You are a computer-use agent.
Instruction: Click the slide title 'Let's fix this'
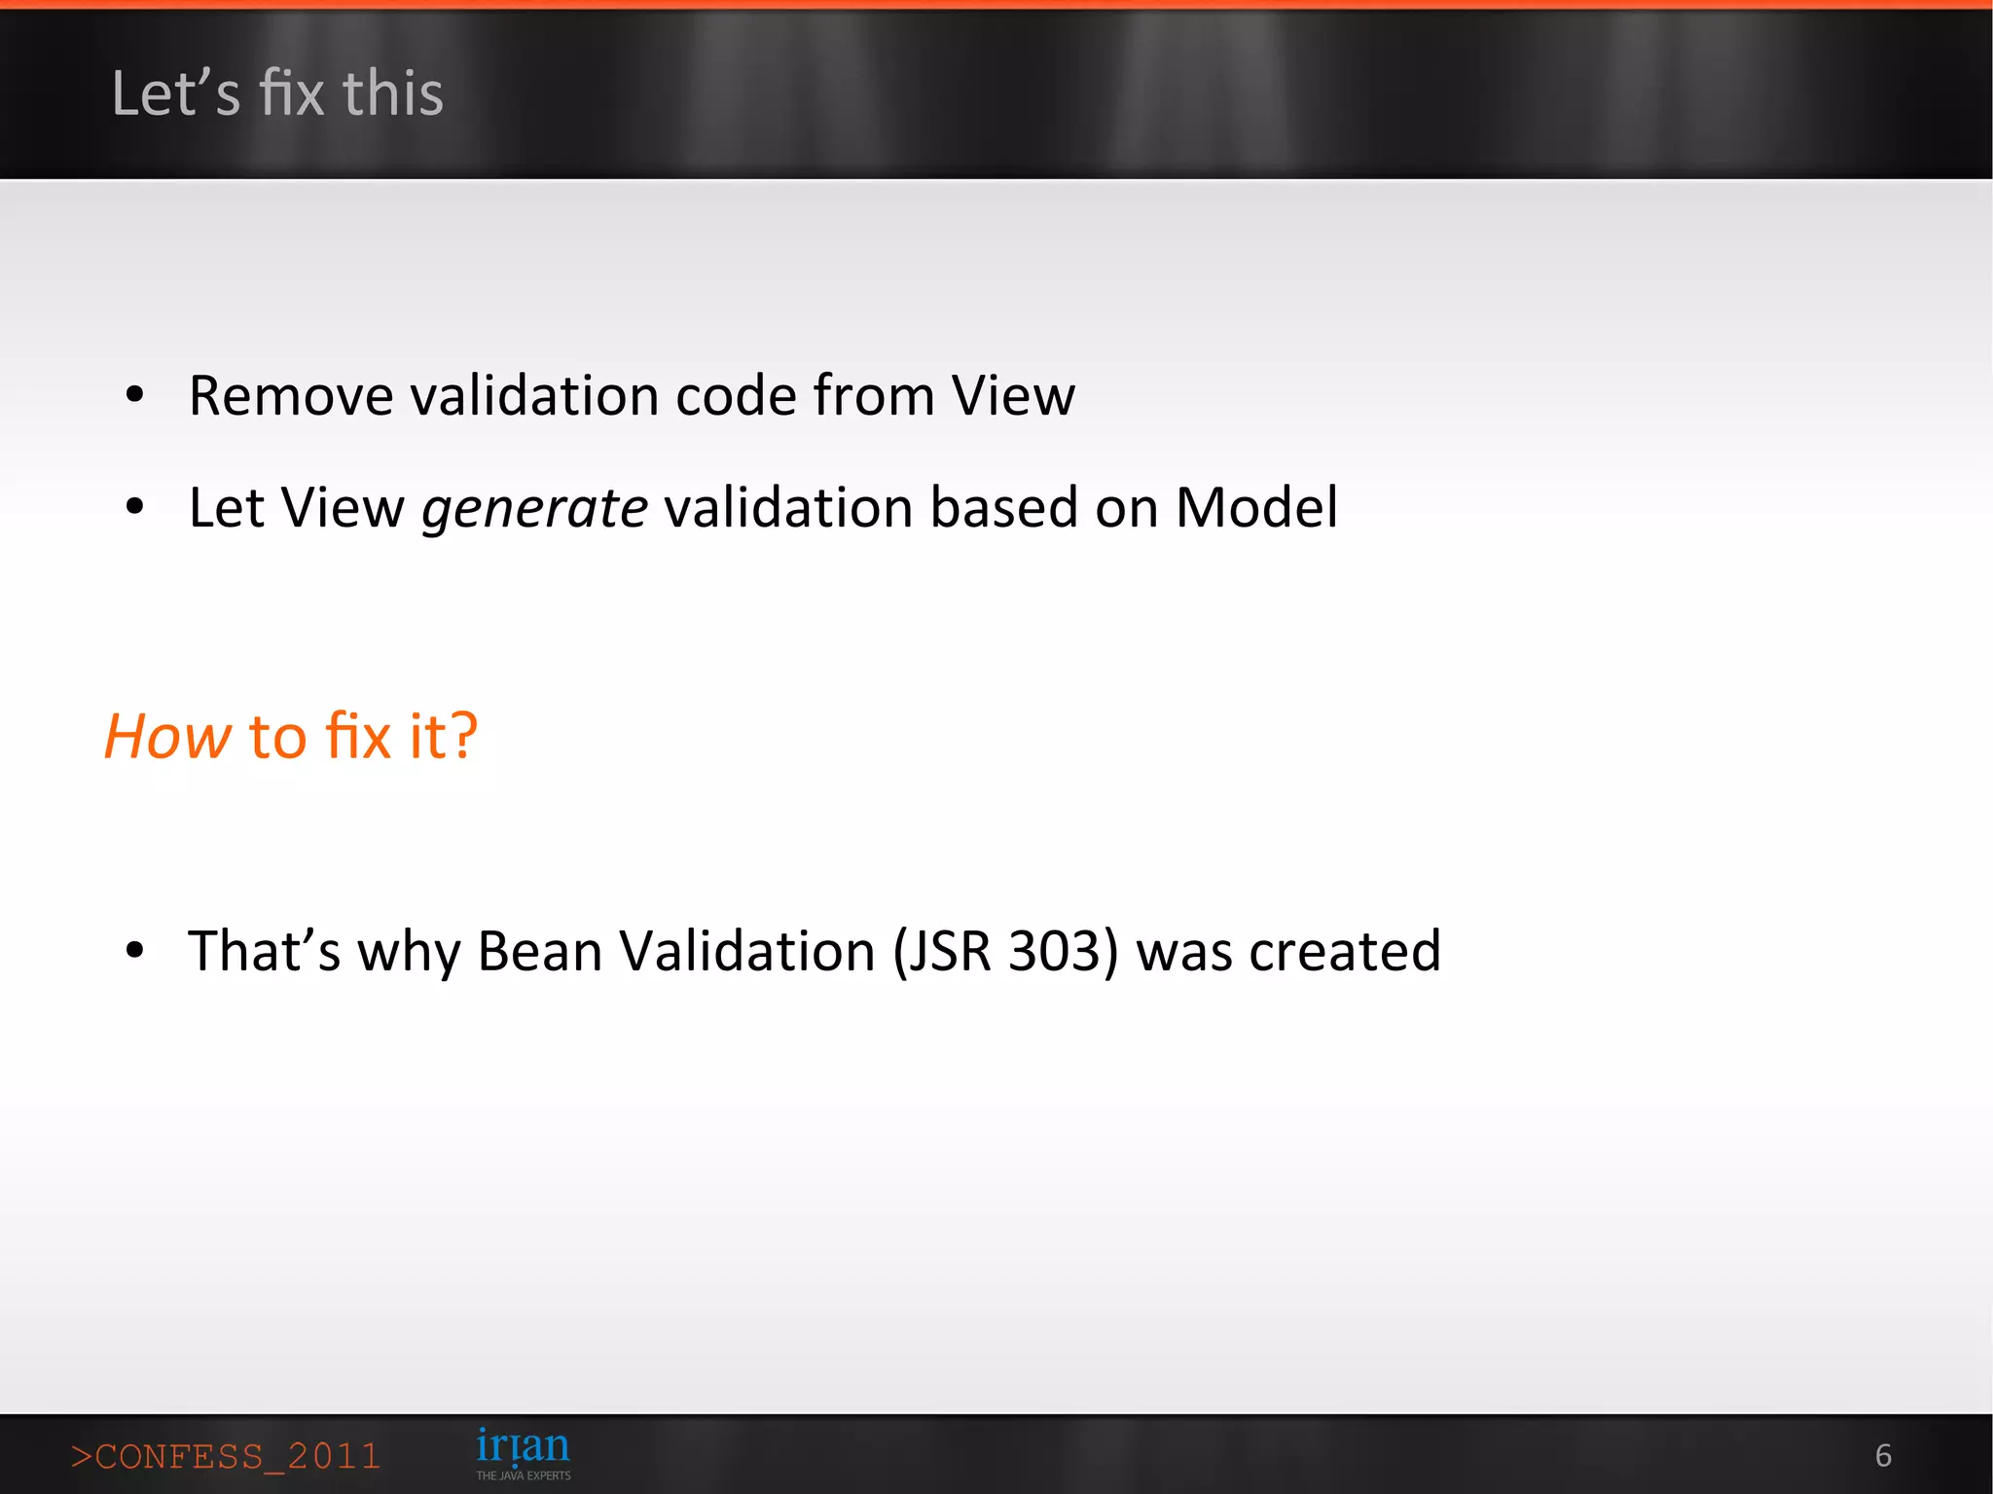point(277,93)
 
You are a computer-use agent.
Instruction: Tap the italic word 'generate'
point(534,509)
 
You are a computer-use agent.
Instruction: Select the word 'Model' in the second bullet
point(1256,508)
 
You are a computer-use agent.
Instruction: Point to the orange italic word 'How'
point(167,736)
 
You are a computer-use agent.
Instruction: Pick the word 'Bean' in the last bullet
point(539,951)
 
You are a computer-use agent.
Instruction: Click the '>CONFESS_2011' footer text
point(226,1456)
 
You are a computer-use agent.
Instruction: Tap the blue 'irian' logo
point(523,1446)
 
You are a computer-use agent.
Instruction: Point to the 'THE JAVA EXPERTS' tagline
point(523,1476)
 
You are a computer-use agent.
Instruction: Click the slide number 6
point(1883,1455)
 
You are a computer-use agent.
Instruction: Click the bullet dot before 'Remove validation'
point(135,395)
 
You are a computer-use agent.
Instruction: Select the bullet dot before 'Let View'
point(135,506)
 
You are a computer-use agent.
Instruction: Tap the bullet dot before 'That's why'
point(135,950)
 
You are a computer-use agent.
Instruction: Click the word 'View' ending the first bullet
point(1013,396)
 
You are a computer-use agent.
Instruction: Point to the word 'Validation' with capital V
point(746,951)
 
